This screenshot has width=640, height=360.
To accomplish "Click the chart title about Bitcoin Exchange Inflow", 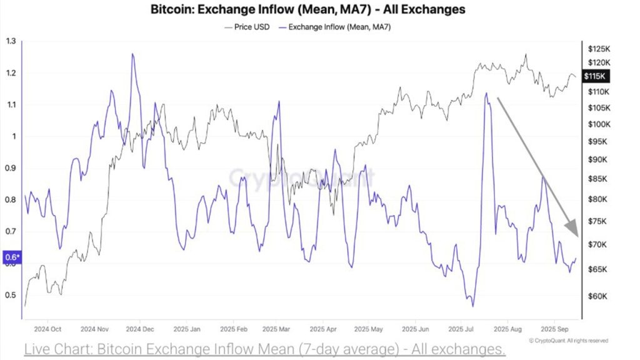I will [x=307, y=10].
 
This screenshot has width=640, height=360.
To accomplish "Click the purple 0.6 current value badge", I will [x=12, y=257].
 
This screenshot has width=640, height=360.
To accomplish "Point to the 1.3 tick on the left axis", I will [x=11, y=42].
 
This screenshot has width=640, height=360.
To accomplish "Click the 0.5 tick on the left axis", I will [x=11, y=296].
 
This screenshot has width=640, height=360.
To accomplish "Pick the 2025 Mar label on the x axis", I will [x=277, y=329].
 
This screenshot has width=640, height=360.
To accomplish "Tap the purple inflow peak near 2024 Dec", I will [x=132, y=54].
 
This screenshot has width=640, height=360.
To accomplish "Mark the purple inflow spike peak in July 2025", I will [x=486, y=94].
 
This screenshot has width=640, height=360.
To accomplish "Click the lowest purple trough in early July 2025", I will [x=472, y=306].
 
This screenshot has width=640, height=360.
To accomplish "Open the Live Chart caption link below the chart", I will [x=264, y=349].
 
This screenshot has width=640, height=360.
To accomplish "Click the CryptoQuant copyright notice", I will [x=568, y=341].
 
